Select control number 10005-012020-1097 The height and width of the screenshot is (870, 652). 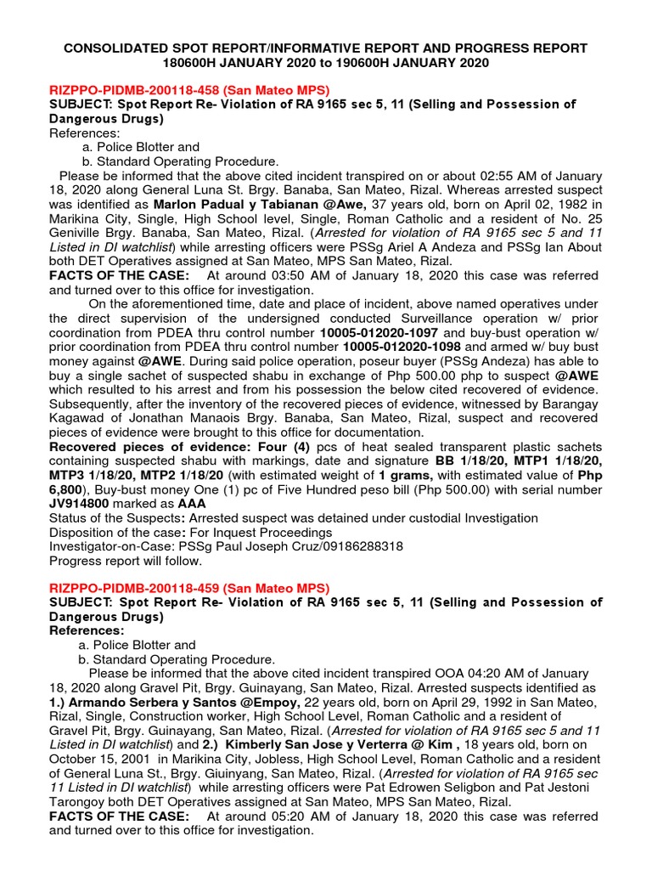(x=379, y=332)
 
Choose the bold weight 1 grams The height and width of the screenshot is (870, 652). (x=408, y=475)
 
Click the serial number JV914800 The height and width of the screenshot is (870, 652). (x=84, y=503)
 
